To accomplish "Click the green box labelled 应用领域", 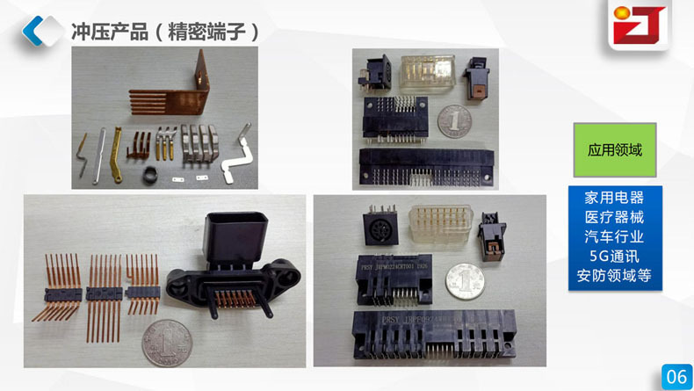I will (x=614, y=150).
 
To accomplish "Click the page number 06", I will (x=676, y=375).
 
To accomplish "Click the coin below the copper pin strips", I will (x=163, y=342).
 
